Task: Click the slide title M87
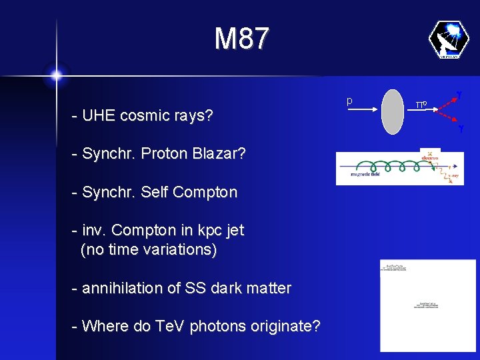point(241,39)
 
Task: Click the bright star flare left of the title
point(56,75)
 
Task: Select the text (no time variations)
point(148,250)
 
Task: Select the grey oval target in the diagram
point(393,110)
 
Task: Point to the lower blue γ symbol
point(460,127)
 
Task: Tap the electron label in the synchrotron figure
point(430,158)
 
